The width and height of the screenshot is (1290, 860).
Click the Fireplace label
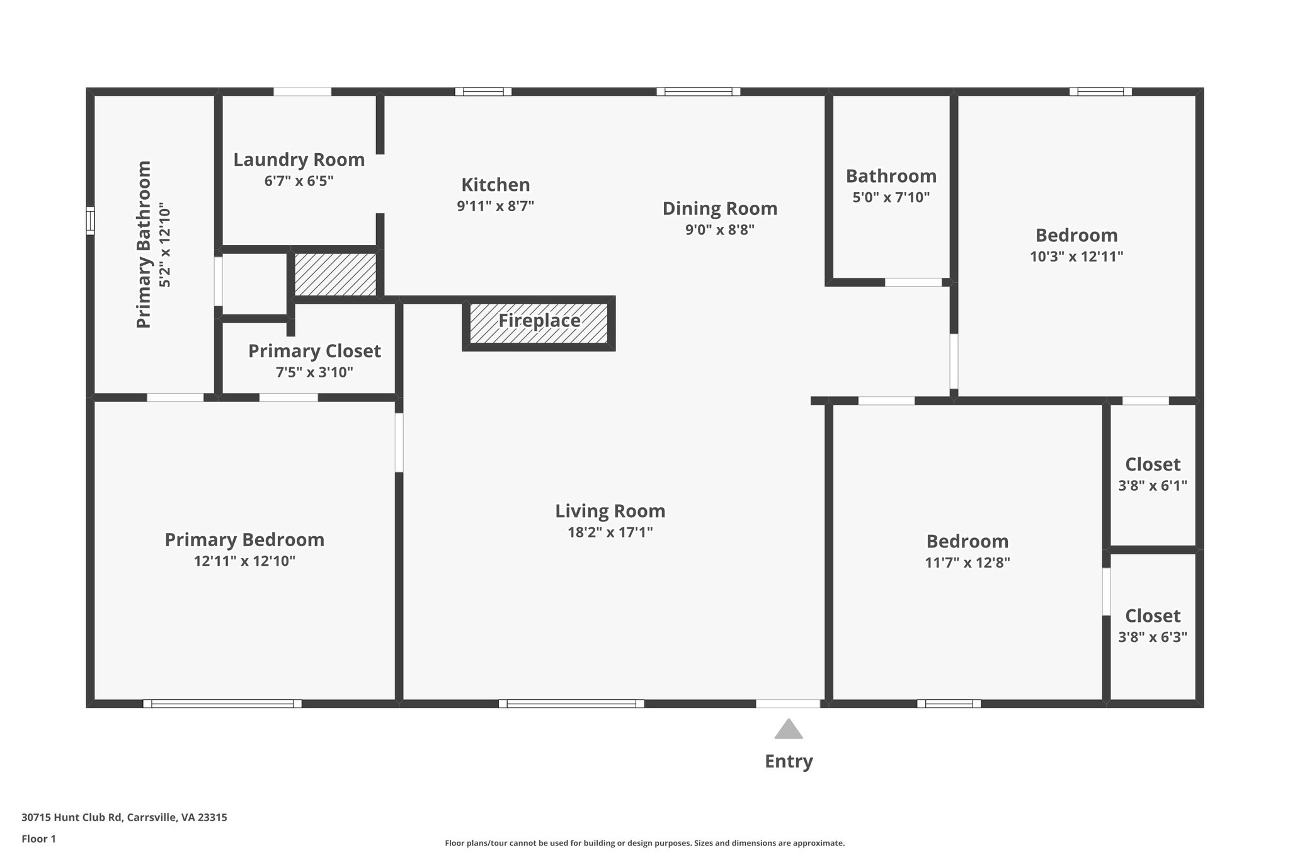[539, 321]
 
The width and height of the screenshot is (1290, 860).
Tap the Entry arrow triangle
[788, 730]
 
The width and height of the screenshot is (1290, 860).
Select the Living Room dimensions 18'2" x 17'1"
[610, 532]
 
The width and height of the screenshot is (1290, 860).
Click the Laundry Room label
[299, 160]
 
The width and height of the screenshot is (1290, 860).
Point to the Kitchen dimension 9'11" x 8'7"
[495, 206]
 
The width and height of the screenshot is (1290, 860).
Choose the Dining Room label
[719, 209]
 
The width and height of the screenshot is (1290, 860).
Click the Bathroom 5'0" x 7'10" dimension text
[891, 197]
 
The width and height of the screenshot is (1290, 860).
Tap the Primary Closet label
[314, 351]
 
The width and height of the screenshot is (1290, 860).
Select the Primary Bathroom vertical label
[144, 244]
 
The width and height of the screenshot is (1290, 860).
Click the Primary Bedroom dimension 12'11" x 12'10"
[244, 561]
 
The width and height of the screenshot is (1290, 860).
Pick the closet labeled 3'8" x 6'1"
[1152, 486]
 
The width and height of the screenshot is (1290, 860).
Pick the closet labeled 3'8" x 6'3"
[1152, 637]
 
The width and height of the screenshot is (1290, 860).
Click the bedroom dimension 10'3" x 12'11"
[1076, 256]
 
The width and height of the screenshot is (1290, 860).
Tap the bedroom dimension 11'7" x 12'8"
[967, 563]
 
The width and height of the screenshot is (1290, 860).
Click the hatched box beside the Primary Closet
[335, 274]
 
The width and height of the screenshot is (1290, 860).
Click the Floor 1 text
[38, 839]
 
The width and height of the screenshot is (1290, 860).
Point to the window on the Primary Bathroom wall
[90, 221]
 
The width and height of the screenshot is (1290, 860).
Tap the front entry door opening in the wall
[787, 704]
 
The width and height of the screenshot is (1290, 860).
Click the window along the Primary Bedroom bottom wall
[222, 704]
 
